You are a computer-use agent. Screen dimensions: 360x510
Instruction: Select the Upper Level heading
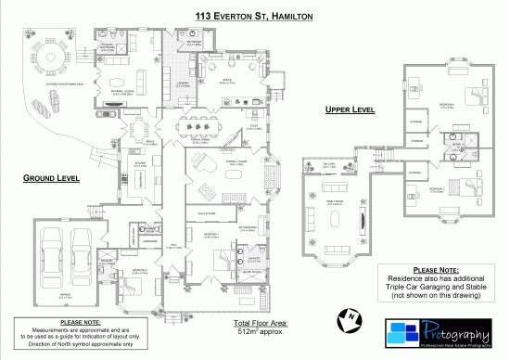tap(349, 109)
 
